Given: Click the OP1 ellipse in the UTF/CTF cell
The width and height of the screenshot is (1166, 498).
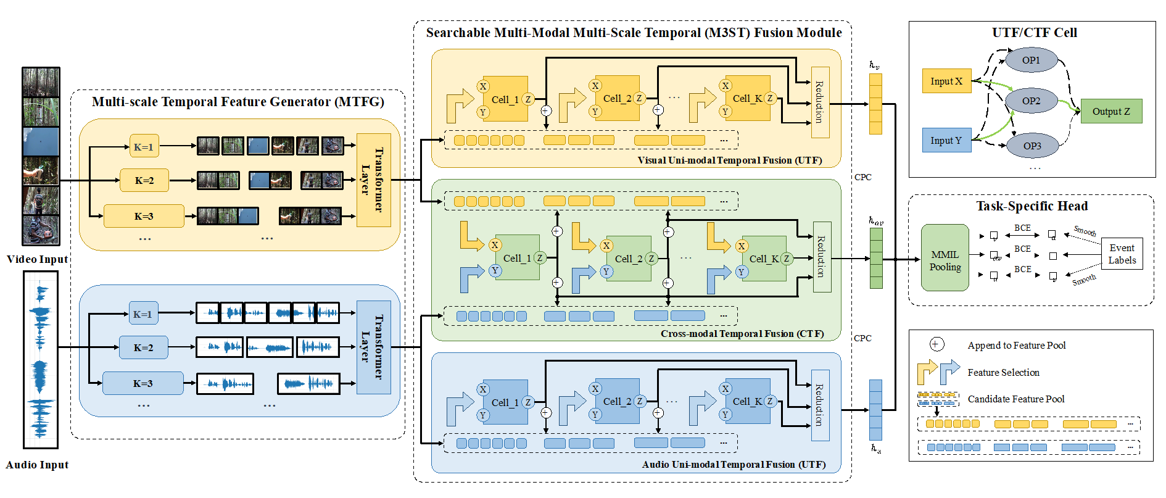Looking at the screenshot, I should click(x=1031, y=60).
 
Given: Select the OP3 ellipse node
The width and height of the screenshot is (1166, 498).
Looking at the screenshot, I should click(x=1032, y=146).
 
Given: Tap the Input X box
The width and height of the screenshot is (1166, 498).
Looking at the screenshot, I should click(x=946, y=81).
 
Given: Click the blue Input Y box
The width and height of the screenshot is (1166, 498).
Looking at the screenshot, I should click(x=946, y=141).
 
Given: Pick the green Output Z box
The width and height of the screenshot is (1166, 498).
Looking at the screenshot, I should click(x=1111, y=112).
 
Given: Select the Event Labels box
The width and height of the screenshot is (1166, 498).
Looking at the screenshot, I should click(x=1122, y=254).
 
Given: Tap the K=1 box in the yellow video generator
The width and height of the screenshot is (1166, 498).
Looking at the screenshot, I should click(x=144, y=147).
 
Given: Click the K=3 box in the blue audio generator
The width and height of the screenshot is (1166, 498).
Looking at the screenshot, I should click(x=143, y=383).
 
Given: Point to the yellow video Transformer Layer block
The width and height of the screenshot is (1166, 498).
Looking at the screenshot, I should click(x=373, y=180).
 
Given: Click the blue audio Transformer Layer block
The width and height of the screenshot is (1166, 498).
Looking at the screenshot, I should click(x=373, y=347).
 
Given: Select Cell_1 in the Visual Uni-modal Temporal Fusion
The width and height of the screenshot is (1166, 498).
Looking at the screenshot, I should click(x=505, y=99).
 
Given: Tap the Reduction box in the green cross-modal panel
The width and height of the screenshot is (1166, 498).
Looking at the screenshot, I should click(x=822, y=257).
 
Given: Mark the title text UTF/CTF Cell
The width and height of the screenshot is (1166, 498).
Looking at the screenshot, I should click(x=1034, y=33).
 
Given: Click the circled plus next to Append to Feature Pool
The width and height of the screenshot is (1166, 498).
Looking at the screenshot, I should click(x=937, y=344).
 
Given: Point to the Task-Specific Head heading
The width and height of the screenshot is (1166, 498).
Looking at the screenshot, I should click(x=1032, y=206).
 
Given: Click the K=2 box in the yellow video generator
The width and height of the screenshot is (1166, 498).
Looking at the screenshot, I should click(x=144, y=181).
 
